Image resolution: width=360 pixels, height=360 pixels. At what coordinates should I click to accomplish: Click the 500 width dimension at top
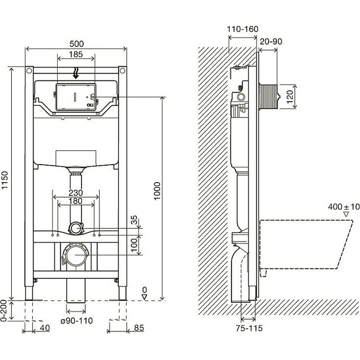[x=76, y=44]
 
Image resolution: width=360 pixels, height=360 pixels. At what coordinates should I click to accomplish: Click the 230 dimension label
[x=76, y=193]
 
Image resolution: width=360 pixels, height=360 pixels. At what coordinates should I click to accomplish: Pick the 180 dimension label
[x=76, y=202]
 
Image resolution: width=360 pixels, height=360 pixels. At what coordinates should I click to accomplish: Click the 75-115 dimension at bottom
[x=248, y=329]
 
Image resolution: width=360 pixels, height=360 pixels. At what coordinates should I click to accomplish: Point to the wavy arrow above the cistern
[x=76, y=72]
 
